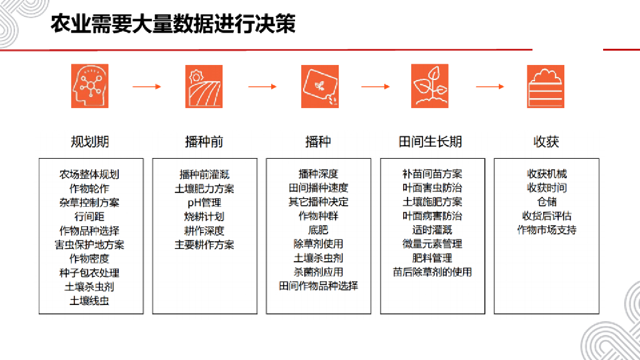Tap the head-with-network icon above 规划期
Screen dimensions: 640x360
[x=89, y=86]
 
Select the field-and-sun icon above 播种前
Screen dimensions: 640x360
[x=204, y=86]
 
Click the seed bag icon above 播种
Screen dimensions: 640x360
[x=319, y=86]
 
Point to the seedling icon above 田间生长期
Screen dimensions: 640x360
[x=429, y=86]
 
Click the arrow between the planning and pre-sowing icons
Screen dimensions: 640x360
[x=147, y=87]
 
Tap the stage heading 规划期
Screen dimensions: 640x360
[x=89, y=142]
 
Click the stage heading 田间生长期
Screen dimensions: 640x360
[x=430, y=142]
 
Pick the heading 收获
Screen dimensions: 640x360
[x=546, y=142]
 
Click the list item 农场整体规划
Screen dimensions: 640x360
[x=89, y=174]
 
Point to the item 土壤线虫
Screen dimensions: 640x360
[x=89, y=301]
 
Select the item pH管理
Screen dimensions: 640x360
[x=204, y=202]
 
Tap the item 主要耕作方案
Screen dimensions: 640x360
[x=204, y=244]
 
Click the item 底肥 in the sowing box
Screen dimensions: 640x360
[x=318, y=231]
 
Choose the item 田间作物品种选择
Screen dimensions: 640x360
[x=318, y=286]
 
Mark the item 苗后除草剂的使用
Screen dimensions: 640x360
[x=432, y=272]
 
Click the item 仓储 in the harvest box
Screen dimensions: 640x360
[x=546, y=202]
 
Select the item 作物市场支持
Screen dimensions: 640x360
[x=546, y=230]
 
